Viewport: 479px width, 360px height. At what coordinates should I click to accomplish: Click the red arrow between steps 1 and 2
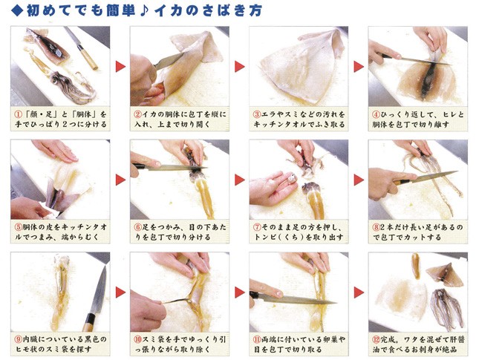click(x=120, y=67)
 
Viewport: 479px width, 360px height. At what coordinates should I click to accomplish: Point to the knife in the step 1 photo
click(x=82, y=48)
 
